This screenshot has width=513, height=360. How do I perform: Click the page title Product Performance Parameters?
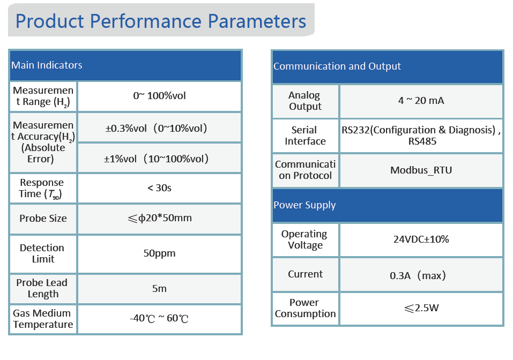coord(161,21)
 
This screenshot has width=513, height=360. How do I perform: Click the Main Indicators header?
coord(47,65)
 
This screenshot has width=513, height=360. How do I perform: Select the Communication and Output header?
coord(337,66)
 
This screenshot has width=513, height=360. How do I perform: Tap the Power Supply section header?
coord(304,205)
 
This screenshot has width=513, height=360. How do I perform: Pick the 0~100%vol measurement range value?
coord(159,96)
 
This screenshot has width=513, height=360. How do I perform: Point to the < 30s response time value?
coord(159,188)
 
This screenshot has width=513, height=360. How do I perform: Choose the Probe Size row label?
coord(43,218)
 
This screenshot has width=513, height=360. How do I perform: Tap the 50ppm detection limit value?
coord(159,253)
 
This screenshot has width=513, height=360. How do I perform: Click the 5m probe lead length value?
coord(159,288)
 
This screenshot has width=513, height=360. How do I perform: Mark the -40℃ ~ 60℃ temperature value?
coord(159,318)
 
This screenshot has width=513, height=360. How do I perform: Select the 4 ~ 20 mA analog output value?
coord(421,100)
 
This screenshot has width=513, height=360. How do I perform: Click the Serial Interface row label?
coord(305,136)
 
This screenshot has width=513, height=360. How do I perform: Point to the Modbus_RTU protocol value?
coord(421,170)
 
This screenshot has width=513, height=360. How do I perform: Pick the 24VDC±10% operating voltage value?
coord(421,239)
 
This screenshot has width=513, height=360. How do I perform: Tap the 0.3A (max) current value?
coord(418,275)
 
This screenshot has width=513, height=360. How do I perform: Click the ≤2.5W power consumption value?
coord(421,308)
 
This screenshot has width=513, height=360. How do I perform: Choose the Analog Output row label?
coord(305,101)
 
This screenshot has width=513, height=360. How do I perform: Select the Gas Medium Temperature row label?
coord(43,319)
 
